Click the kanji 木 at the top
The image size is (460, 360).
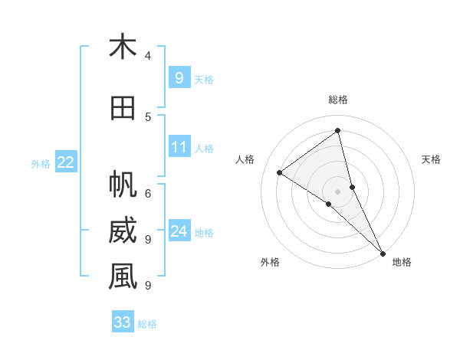pos(123,47)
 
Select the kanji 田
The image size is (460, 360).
pos(123,108)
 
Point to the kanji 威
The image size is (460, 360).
pos(123,231)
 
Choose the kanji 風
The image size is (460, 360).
pos(123,277)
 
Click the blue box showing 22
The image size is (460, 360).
pos(66,162)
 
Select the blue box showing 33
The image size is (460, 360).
pos(123,322)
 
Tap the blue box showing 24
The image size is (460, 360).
pos(179,231)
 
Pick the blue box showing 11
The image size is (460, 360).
pos(179,147)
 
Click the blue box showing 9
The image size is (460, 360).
pos(179,78)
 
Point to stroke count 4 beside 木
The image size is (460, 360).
pos(148,56)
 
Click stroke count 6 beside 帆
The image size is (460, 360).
pos(148,193)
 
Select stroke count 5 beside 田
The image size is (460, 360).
pos(148,116)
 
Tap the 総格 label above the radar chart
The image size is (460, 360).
pos(338,100)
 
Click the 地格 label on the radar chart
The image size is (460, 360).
pos(402,262)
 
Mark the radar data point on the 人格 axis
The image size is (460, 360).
pos(280,172)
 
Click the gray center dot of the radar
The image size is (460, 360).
pos(338,191)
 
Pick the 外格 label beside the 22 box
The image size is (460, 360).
pos(41,163)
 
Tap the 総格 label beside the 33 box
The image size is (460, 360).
pos(147,324)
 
